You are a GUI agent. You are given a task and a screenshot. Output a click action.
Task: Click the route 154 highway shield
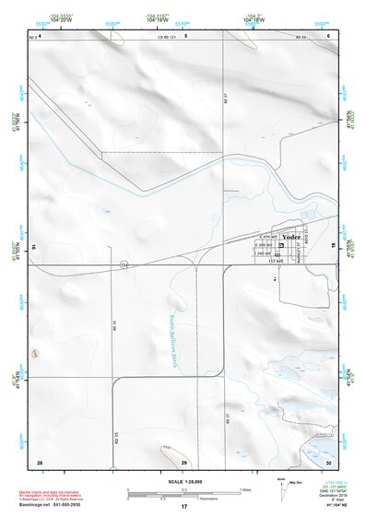coord(123,265)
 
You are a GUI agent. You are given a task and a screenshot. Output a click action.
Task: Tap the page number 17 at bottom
coord(183,507)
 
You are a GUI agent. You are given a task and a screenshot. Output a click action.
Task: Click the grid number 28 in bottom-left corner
coord(40,461)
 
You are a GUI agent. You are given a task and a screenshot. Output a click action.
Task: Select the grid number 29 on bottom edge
coord(183,461)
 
